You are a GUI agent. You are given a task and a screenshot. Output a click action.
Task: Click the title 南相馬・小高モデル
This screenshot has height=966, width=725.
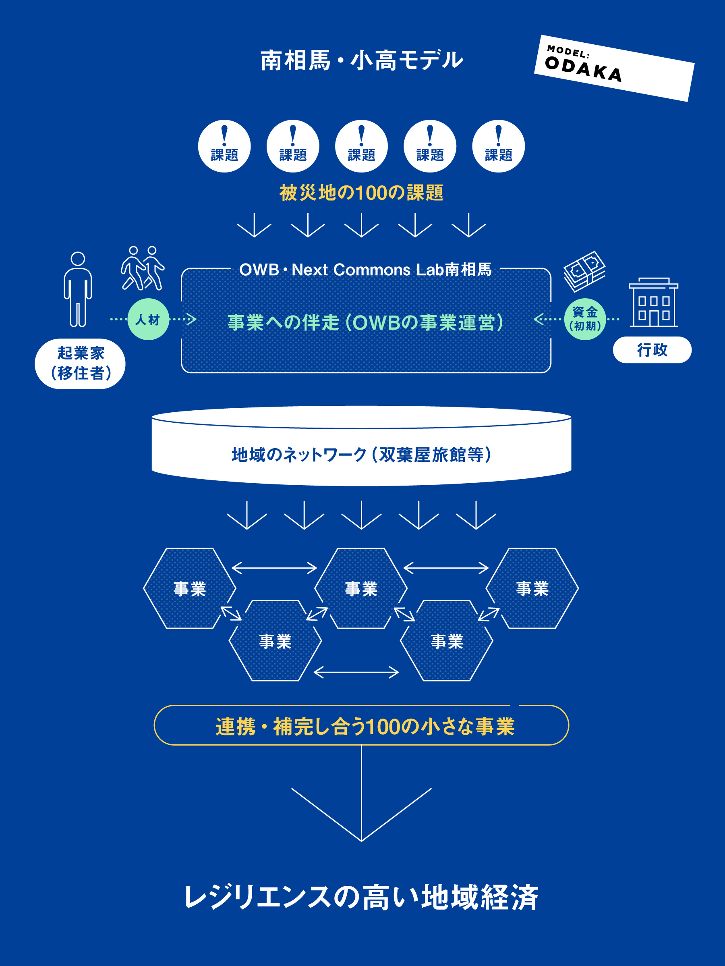click(361, 60)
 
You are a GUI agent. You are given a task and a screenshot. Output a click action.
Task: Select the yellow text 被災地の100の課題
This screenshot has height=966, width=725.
click(361, 193)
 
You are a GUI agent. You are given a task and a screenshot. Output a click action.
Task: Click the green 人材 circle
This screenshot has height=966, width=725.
click(148, 319)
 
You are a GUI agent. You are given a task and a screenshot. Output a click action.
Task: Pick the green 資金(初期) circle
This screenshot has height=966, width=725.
click(585, 319)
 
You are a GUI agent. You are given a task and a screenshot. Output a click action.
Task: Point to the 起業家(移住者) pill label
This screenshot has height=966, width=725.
click(80, 364)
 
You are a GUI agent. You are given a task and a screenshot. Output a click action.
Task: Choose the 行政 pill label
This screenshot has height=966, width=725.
click(652, 350)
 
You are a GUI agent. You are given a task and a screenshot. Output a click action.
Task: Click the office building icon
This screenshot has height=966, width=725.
click(653, 302)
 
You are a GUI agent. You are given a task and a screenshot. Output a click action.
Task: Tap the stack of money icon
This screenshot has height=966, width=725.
click(584, 271)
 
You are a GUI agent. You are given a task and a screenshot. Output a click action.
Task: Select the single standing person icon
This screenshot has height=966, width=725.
click(78, 289)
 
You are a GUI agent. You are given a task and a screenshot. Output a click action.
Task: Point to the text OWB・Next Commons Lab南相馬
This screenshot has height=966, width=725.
click(365, 270)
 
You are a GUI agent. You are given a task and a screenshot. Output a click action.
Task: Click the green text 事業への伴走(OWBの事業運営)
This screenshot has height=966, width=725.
click(365, 323)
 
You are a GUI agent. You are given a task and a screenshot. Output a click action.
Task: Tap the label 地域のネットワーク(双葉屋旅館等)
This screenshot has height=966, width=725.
click(361, 455)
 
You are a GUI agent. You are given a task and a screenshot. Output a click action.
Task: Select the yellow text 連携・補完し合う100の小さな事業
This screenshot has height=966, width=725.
click(365, 727)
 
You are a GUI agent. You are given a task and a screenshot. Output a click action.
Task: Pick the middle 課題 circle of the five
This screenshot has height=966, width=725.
click(361, 146)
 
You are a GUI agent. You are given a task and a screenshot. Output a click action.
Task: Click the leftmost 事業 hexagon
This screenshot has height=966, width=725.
click(189, 588)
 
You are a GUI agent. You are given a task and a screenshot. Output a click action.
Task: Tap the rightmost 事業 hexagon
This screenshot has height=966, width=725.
click(532, 588)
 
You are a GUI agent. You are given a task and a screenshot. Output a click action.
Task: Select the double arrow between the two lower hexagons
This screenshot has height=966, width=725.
click(356, 672)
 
